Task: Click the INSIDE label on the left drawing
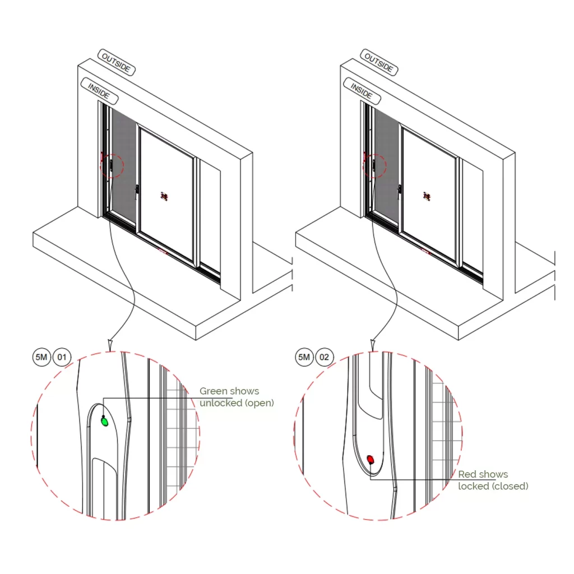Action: [x=100, y=91]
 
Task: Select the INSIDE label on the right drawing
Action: [x=362, y=91]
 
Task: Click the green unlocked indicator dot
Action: [x=104, y=422]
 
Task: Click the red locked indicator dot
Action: [x=370, y=460]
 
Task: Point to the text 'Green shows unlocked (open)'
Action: [x=237, y=397]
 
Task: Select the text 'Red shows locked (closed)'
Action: [x=493, y=480]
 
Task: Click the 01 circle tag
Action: [x=62, y=357]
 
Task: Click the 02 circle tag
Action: [x=325, y=357]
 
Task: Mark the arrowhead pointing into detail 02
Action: [x=372, y=344]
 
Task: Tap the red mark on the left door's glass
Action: [x=164, y=196]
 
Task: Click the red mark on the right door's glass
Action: [x=427, y=196]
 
